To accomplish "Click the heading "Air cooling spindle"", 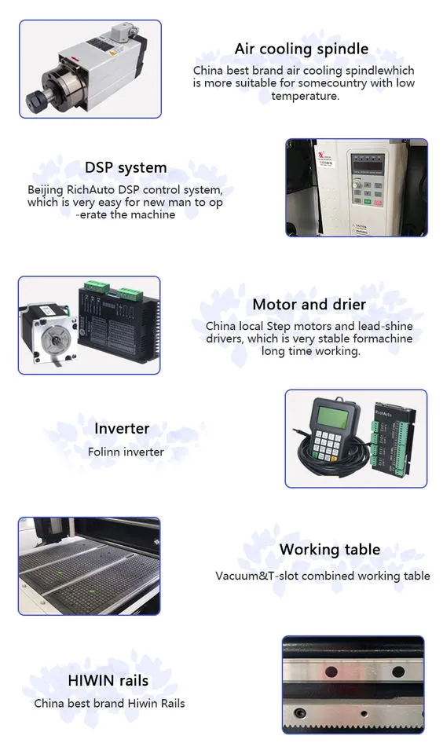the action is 302,49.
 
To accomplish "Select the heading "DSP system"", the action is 126,167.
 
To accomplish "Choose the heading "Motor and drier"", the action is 309,305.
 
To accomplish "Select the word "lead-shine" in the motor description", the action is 386,326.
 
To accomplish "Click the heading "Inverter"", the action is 122,429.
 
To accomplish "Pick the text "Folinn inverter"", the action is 126,452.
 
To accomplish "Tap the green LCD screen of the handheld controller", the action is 332,414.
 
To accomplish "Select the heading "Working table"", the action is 329,550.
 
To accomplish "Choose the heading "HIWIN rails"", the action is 108,681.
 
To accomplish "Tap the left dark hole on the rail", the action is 331,671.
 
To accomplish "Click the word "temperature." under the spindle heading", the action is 305,96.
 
